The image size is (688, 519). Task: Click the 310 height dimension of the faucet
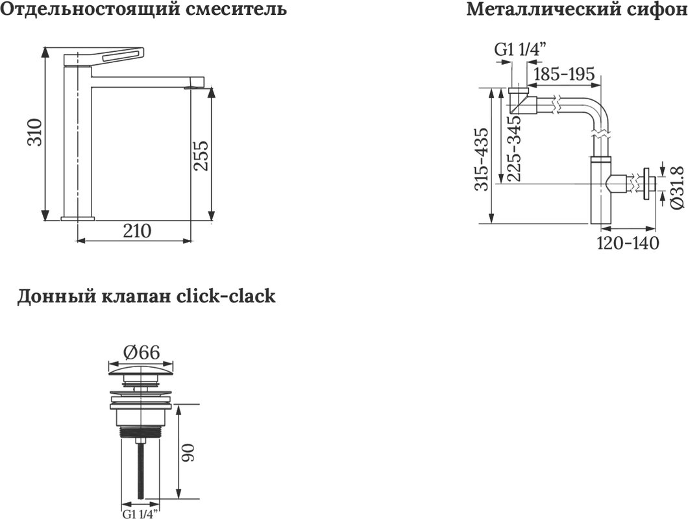point(35,132)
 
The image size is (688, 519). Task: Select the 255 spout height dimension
point(201,156)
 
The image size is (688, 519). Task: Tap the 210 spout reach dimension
point(137,231)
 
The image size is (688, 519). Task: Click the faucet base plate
point(78,218)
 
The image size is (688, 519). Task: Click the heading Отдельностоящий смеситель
point(143,9)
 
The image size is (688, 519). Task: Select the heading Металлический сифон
point(576,9)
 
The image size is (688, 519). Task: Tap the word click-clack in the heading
point(225,296)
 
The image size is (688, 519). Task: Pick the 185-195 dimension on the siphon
point(563,74)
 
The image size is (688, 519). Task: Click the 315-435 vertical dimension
point(482,159)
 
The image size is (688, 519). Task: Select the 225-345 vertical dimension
point(514,149)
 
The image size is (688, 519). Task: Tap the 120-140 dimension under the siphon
point(628,243)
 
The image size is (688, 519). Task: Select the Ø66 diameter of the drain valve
point(141,352)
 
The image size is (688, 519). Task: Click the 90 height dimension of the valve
point(188,452)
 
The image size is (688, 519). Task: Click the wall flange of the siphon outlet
point(646,184)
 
